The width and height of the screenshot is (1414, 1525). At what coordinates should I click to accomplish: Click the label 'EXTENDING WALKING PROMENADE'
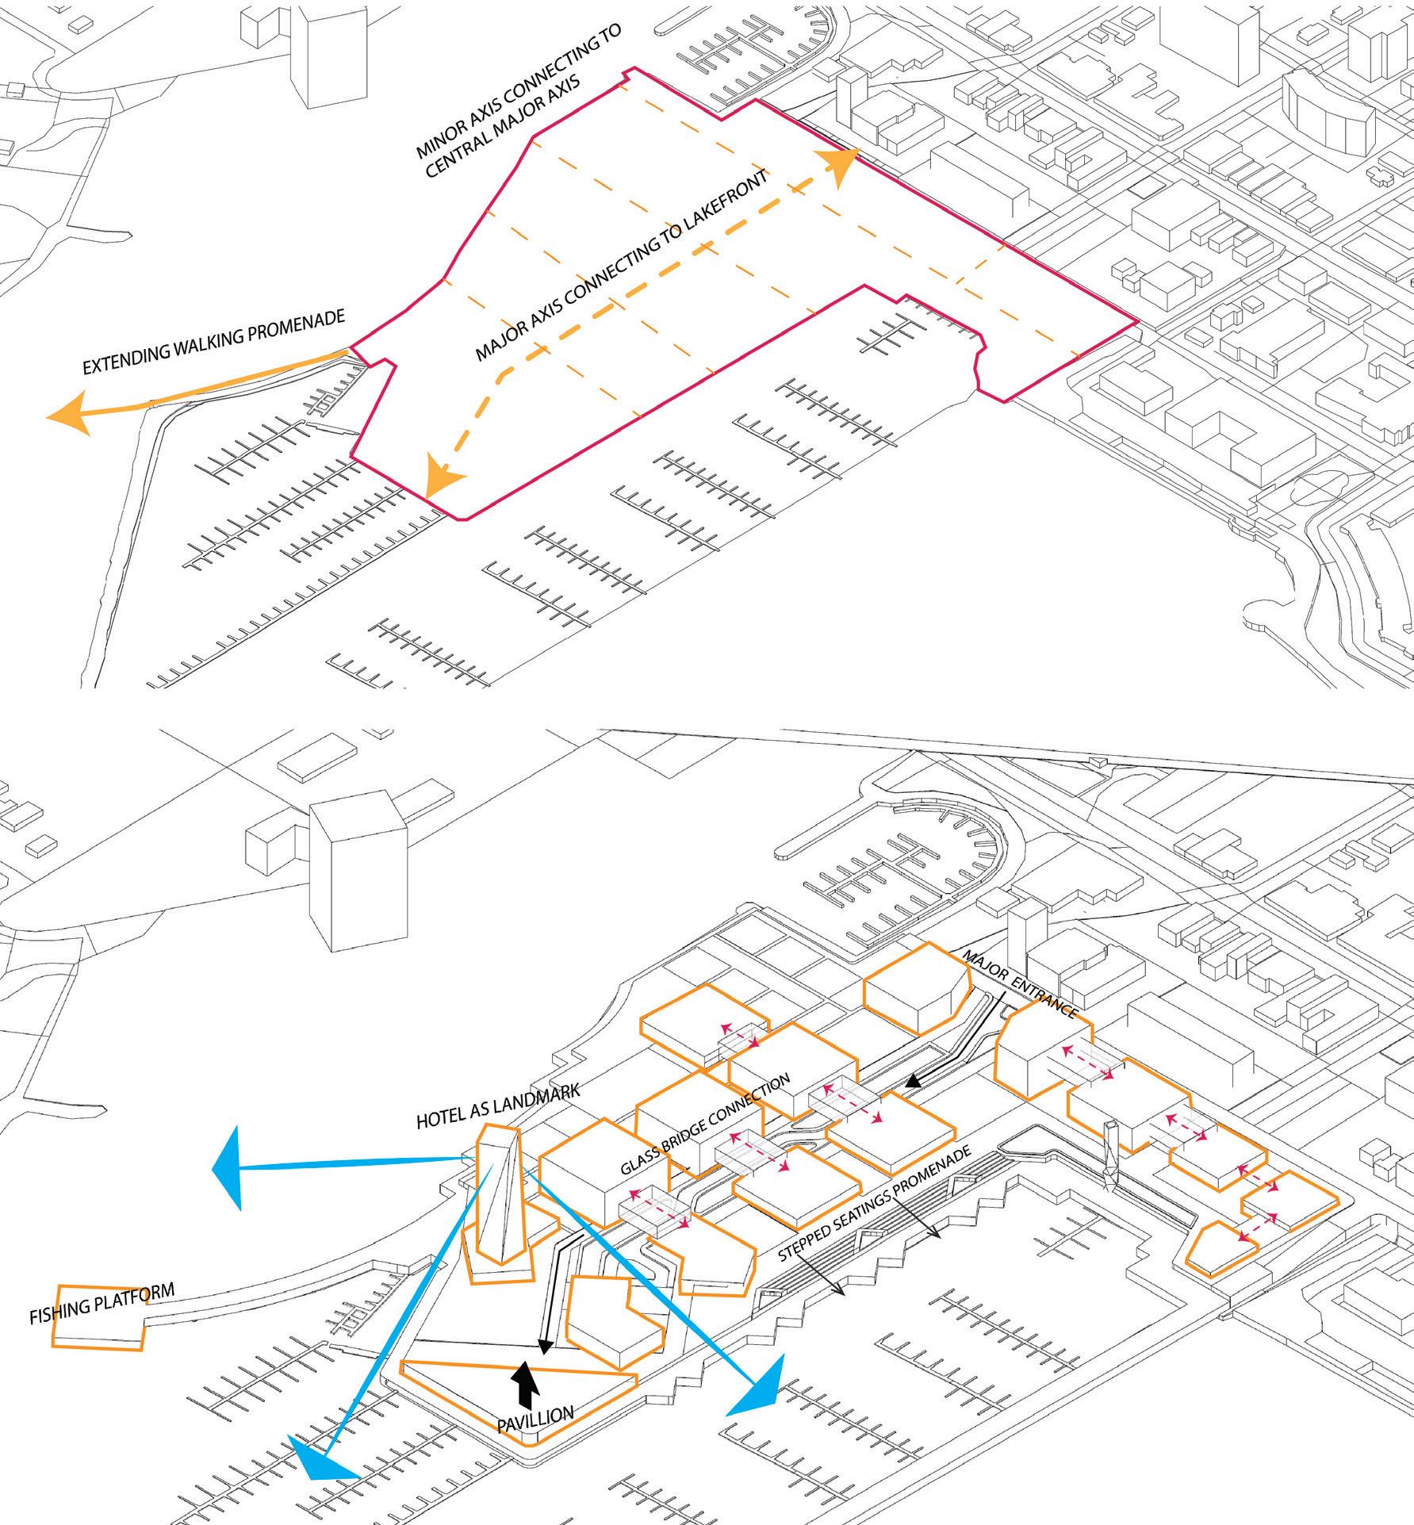tap(214, 341)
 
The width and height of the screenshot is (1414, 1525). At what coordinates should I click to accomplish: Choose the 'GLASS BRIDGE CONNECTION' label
tap(705, 1125)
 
